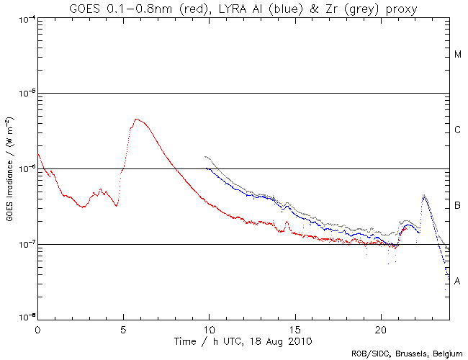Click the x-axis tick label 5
click(123, 328)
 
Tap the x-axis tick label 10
click(209, 328)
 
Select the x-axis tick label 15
click(294, 328)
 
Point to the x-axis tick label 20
click(380, 328)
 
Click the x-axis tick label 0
click(37, 328)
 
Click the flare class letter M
click(458, 55)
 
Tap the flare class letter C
click(458, 130)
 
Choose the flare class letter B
click(458, 207)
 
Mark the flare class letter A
click(458, 282)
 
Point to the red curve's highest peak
click(137, 120)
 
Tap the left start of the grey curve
click(206, 156)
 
